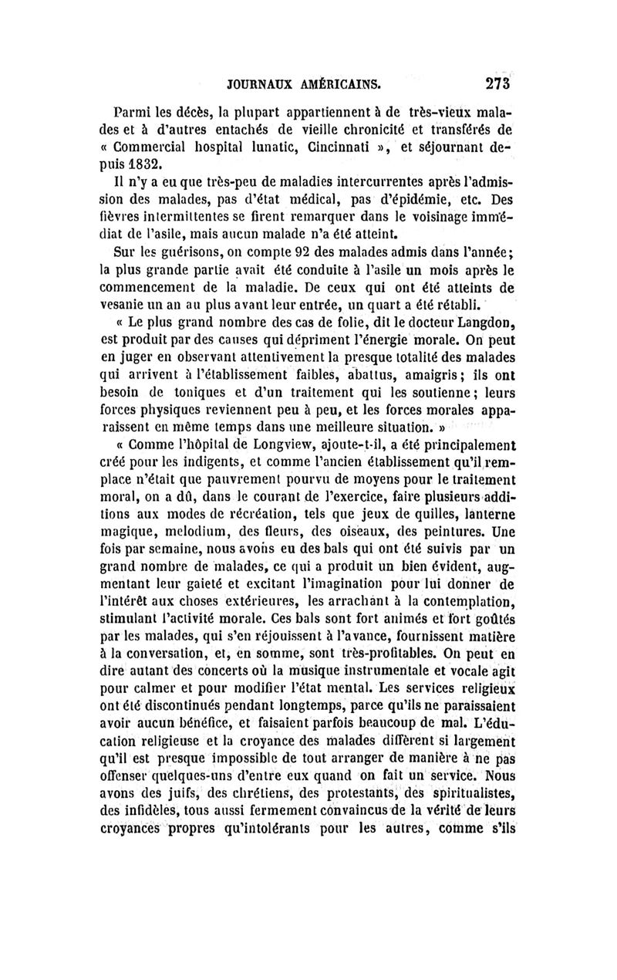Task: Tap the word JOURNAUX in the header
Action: (255, 83)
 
